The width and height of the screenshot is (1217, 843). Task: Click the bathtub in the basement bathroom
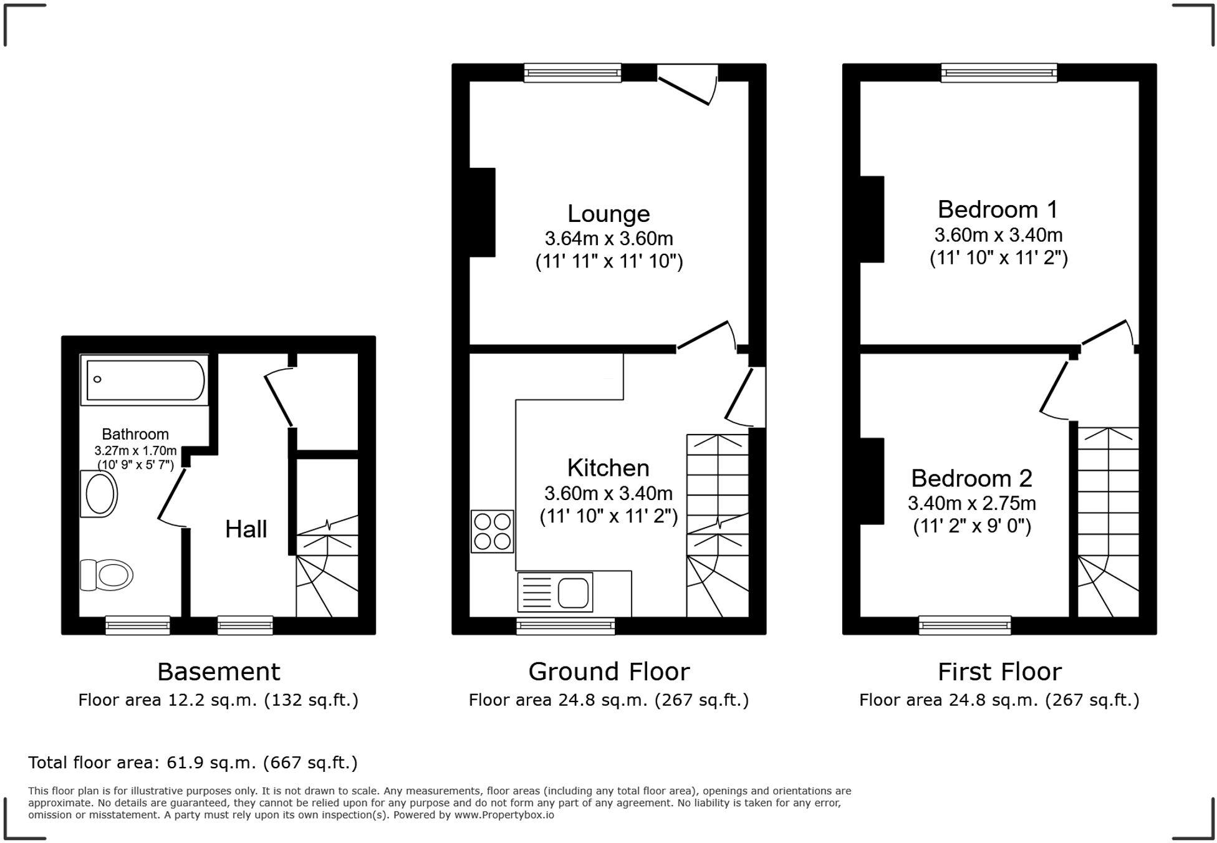pyautogui.click(x=145, y=380)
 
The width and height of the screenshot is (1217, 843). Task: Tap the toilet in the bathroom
pyautogui.click(x=107, y=574)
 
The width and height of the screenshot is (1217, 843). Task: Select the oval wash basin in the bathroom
pyautogui.click(x=100, y=494)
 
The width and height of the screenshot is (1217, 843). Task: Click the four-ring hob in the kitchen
pyautogui.click(x=493, y=531)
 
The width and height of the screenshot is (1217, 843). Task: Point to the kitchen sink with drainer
pyautogui.click(x=555, y=592)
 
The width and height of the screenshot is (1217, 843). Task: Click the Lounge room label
pyautogui.click(x=608, y=214)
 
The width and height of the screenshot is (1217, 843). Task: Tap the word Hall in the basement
pyautogui.click(x=246, y=529)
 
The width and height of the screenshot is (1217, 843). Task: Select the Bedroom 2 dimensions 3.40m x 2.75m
pyautogui.click(x=971, y=503)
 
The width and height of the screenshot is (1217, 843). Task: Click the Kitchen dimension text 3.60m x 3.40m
pyautogui.click(x=608, y=494)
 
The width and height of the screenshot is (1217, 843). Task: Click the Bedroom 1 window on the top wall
pyautogui.click(x=999, y=73)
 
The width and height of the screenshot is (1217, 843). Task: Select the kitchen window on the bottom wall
pyautogui.click(x=565, y=626)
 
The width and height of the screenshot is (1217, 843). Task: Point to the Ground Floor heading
pyautogui.click(x=608, y=672)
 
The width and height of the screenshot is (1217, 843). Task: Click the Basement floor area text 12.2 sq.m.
pyautogui.click(x=218, y=700)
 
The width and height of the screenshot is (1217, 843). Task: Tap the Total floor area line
pyautogui.click(x=193, y=763)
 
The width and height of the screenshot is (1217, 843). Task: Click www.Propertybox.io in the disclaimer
pyautogui.click(x=504, y=815)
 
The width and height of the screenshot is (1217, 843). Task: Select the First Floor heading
pyautogui.click(x=999, y=672)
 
